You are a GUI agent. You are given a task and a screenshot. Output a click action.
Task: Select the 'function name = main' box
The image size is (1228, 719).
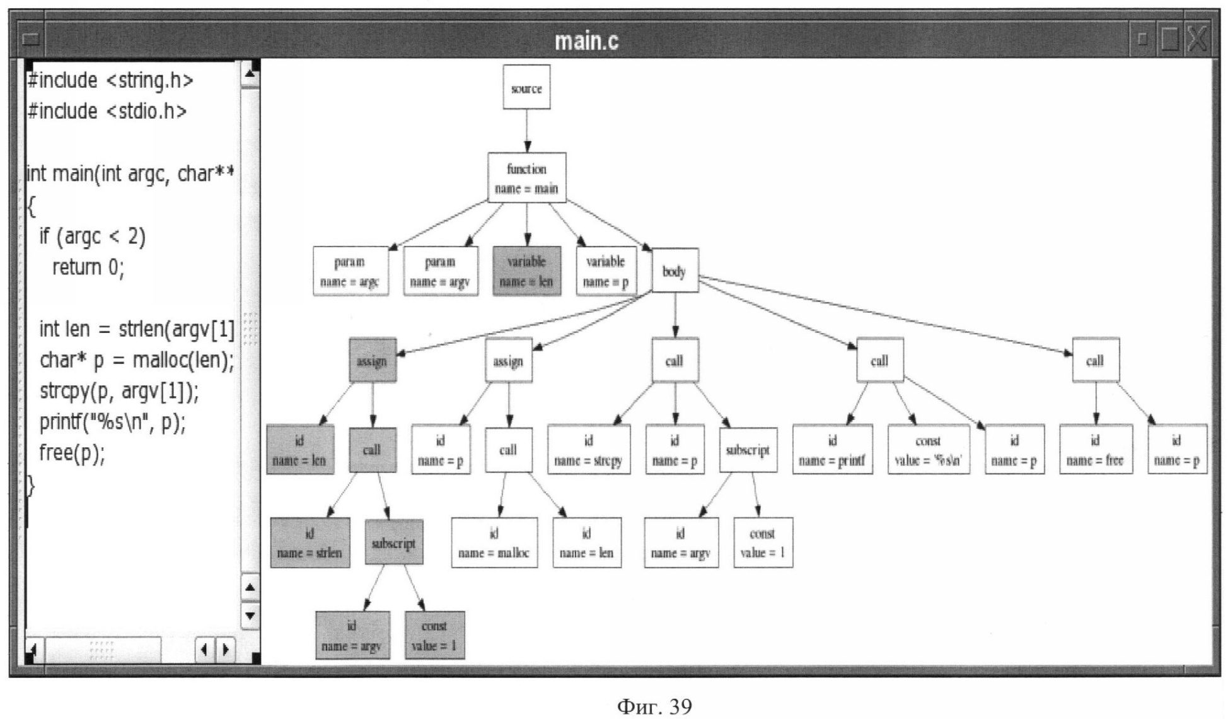(526, 178)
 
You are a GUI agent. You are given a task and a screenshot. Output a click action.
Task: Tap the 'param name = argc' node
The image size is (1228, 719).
(350, 271)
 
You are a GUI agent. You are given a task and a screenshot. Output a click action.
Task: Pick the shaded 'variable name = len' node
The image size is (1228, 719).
(526, 271)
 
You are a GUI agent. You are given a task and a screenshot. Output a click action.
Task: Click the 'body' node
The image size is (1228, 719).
(675, 271)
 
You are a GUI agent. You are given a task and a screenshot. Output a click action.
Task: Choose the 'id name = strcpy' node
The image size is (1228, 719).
(588, 450)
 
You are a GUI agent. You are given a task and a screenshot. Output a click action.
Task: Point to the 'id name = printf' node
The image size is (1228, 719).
(832, 450)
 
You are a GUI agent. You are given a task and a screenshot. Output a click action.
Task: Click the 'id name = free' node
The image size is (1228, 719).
(1095, 450)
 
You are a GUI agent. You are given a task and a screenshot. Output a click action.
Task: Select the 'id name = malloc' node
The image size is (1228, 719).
(494, 543)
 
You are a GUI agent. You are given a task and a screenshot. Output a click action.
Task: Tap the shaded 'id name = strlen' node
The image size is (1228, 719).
(310, 543)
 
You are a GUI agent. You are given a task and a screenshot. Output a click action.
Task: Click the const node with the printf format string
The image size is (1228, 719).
(928, 450)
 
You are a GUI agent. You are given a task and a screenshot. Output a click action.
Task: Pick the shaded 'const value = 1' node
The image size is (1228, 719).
(434, 635)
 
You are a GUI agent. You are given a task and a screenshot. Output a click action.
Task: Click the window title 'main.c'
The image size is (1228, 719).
(586, 41)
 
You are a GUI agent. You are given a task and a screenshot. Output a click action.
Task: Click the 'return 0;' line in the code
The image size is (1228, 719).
(88, 267)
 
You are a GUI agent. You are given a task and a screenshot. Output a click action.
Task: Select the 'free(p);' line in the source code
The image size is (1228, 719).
(72, 453)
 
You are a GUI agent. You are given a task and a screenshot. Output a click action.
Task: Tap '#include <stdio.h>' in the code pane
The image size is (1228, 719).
(107, 111)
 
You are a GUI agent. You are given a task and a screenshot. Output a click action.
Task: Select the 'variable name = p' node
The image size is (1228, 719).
(606, 271)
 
